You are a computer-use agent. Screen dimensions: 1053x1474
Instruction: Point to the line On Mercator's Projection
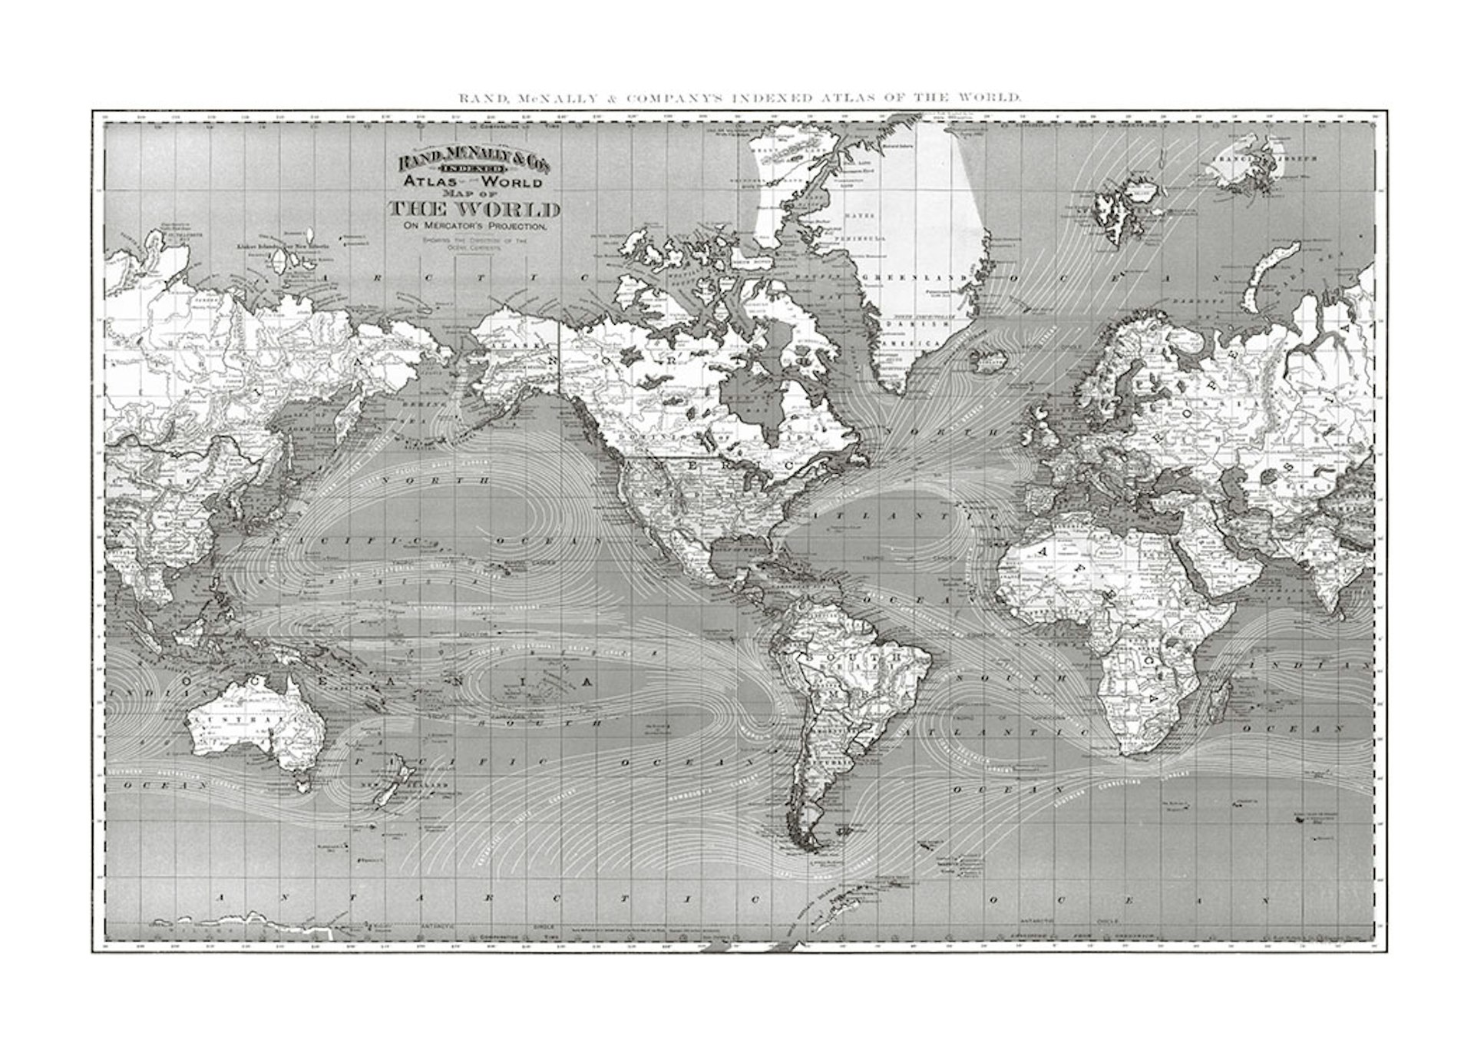pyautogui.click(x=473, y=227)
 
